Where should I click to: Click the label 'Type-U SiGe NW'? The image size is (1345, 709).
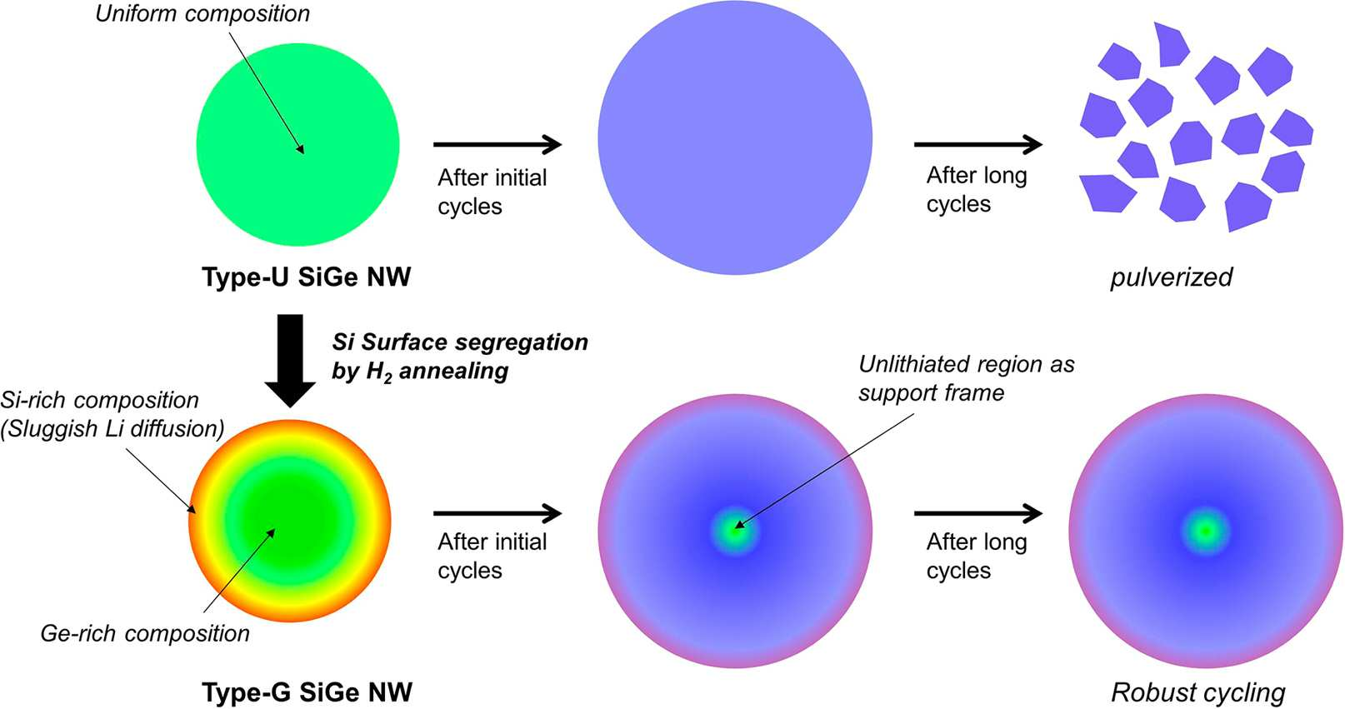click(306, 277)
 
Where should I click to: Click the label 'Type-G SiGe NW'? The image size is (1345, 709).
click(307, 692)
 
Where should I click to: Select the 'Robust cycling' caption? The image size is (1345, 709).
click(1197, 693)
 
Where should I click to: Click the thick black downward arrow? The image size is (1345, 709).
click(290, 361)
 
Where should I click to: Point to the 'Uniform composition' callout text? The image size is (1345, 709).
click(202, 14)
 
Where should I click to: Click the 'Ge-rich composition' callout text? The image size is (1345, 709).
click(145, 633)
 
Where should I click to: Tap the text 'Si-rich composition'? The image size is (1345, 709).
click(100, 400)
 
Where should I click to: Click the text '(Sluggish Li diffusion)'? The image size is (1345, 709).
click(112, 428)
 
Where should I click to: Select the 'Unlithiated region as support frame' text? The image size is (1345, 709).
click(966, 378)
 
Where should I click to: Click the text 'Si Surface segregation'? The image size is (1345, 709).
click(460, 342)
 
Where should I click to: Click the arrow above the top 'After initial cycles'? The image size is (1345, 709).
click(497, 145)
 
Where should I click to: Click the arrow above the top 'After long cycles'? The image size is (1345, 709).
click(978, 145)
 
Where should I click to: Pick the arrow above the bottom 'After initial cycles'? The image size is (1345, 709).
click(497, 514)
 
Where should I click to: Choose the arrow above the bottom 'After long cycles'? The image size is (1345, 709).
click(978, 514)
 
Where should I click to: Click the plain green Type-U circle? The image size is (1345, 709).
click(297, 145)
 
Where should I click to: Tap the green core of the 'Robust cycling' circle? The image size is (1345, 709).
click(1206, 532)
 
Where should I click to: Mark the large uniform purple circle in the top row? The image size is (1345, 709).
click(735, 138)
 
